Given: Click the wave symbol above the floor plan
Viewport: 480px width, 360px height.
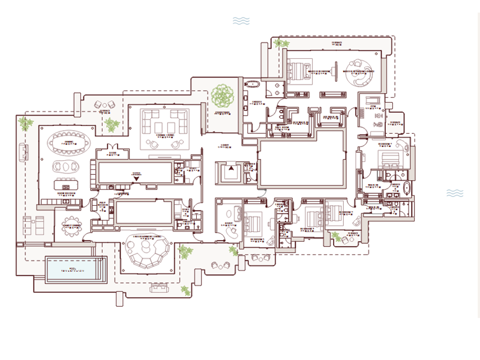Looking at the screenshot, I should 241,21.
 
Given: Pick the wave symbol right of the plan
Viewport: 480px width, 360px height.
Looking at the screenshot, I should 455,193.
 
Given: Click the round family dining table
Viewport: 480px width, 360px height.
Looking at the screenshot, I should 73,224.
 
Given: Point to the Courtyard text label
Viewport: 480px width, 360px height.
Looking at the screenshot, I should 223,113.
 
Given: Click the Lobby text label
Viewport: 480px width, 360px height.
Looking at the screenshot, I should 224,145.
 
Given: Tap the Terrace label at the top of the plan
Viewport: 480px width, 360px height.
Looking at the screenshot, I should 337,43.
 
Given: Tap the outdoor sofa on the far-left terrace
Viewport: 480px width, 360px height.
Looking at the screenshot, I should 25,152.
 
